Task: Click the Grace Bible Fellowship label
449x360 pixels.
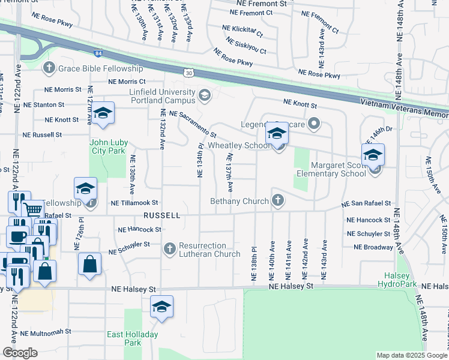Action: (100, 69)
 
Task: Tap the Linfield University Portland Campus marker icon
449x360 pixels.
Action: (205, 95)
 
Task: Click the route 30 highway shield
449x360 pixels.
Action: (189, 73)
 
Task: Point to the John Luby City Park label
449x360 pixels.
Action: (108, 146)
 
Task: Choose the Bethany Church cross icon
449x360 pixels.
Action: (277, 200)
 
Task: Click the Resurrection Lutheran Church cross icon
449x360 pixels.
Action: (170, 248)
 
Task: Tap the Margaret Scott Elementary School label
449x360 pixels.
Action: (338, 169)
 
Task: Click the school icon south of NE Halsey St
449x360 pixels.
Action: (161, 307)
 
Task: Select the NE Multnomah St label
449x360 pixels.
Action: (46, 331)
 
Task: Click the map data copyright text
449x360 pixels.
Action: (411, 355)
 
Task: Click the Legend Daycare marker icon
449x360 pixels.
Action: (313, 125)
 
